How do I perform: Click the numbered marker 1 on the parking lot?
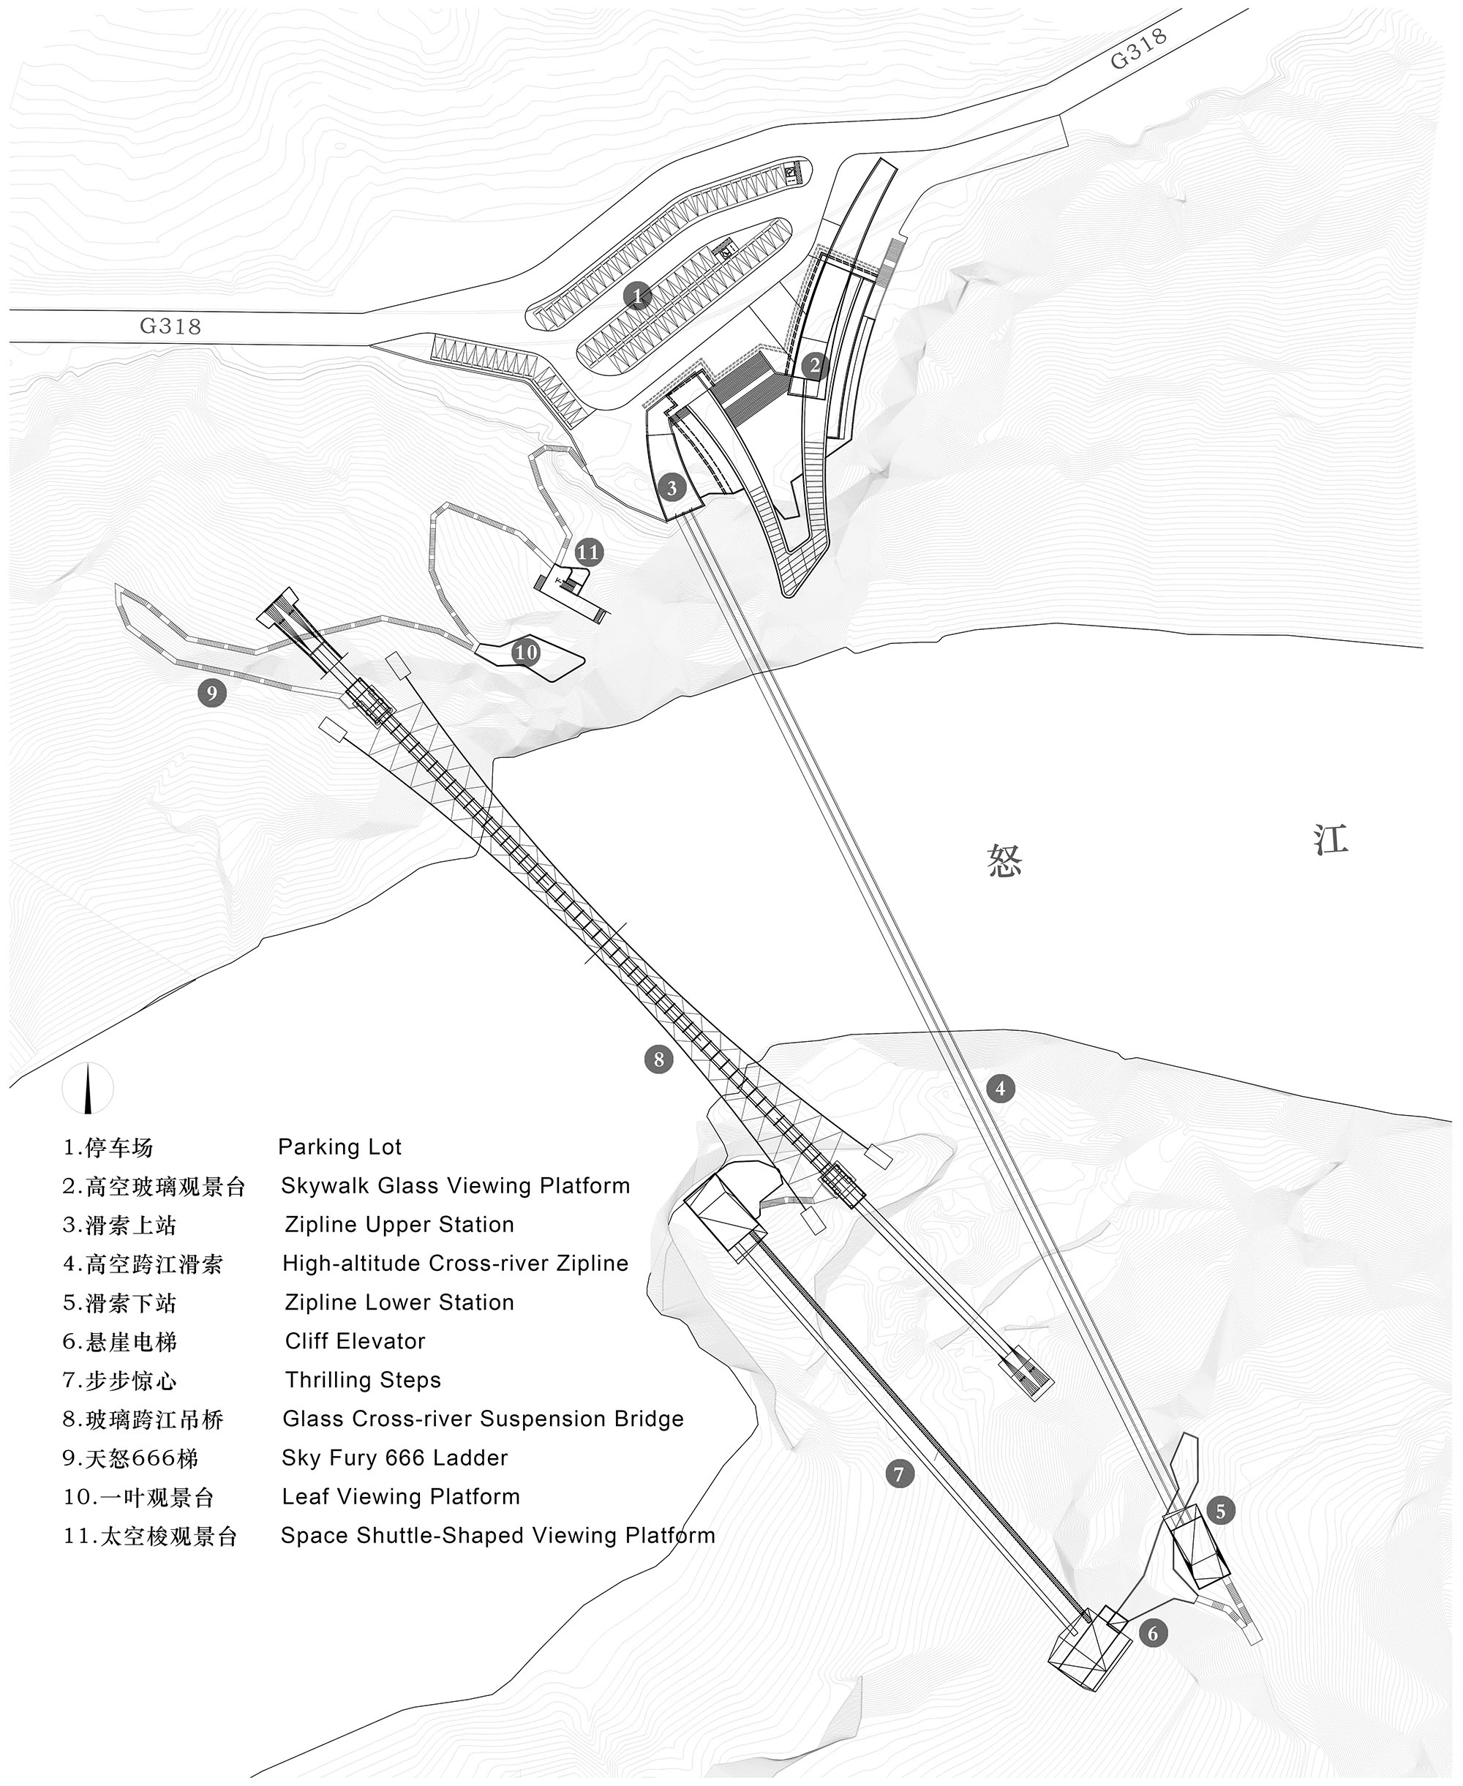pos(638,296)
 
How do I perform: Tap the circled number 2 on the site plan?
pos(813,366)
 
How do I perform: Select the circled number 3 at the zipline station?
pos(672,487)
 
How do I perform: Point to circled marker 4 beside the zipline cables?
pos(1001,1088)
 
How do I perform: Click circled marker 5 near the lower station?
pos(1220,1510)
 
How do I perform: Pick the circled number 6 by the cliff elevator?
pos(1153,1656)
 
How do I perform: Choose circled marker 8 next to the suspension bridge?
pos(658,1059)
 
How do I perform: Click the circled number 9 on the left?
pos(211,693)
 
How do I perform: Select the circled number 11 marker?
pos(588,552)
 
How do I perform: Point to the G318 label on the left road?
pos(170,326)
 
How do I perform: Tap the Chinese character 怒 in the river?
pos(1004,861)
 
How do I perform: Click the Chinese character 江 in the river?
pos(1331,839)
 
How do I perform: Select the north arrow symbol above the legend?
pos(88,1088)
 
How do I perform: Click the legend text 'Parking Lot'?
pos(339,1147)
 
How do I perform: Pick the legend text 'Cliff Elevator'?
pos(355,1341)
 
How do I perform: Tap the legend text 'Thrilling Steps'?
pos(364,1380)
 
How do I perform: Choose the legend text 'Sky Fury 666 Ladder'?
pos(395,1457)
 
